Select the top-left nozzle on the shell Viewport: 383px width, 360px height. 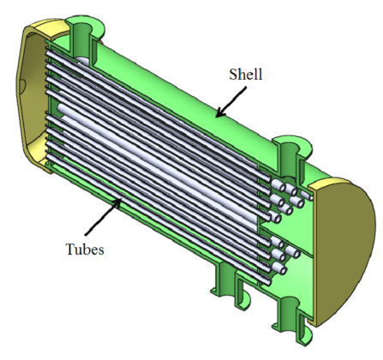point(84,33)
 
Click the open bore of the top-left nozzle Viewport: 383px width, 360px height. point(84,24)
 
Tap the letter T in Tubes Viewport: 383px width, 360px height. point(69,251)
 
